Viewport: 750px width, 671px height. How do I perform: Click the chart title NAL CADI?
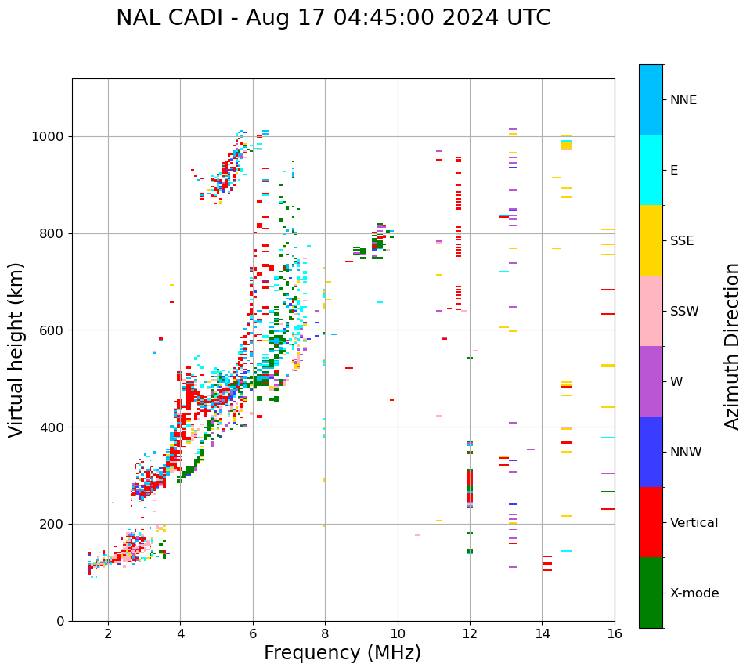pos(333,18)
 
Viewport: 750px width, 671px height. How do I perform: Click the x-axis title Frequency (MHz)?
pos(342,653)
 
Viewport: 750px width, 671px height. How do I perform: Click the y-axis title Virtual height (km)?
pos(16,349)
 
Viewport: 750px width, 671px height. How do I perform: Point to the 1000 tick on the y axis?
pos(52,136)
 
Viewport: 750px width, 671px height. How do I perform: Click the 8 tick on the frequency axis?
pos(325,633)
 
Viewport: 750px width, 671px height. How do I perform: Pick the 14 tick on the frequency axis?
pos(543,633)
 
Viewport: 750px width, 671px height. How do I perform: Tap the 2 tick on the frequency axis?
pos(108,633)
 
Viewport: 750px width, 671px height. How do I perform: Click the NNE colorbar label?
pos(683,100)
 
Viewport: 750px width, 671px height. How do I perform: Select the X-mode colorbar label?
pos(694,593)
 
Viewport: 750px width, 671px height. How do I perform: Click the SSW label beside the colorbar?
pos(684,312)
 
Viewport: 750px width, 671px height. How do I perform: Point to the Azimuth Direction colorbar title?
pos(733,346)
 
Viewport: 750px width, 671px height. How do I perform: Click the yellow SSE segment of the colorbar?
pos(651,240)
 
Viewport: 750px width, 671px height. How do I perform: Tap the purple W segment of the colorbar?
pos(651,381)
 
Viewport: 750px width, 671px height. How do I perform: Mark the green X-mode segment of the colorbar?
pos(651,593)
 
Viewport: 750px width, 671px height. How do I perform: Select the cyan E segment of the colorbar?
pos(651,170)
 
